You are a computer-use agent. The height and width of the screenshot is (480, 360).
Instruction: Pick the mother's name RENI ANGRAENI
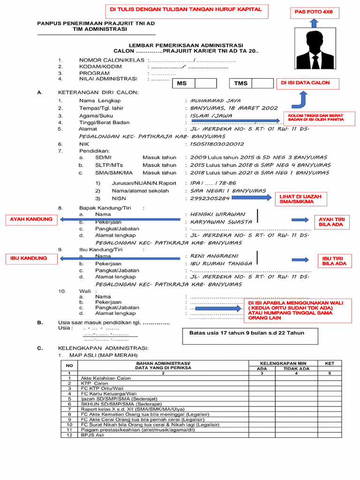pos(214,256)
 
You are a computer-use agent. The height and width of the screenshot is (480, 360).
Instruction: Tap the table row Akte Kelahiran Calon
pos(105,378)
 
